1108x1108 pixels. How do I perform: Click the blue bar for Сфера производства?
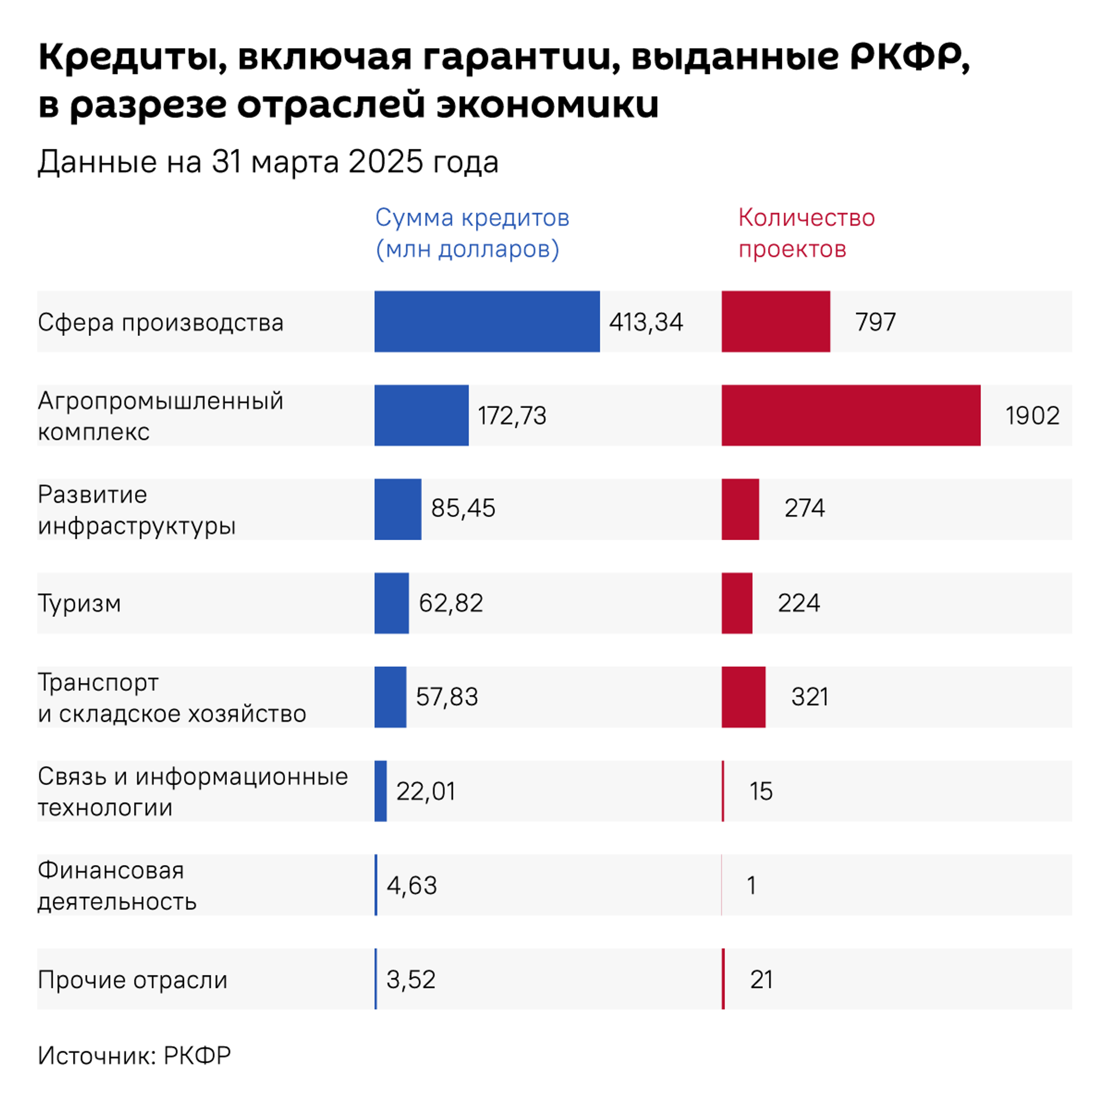(486, 321)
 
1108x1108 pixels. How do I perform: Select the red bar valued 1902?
(851, 415)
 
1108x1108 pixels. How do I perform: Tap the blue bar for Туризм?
(391, 603)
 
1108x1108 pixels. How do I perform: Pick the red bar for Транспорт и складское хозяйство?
(743, 697)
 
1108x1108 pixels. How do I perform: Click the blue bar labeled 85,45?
(398, 509)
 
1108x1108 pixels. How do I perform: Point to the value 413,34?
(646, 322)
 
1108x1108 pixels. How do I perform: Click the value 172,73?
(512, 415)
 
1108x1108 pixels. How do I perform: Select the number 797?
(875, 322)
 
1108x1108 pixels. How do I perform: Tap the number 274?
(804, 508)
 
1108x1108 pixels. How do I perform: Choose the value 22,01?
(425, 791)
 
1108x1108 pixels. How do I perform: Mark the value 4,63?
(411, 885)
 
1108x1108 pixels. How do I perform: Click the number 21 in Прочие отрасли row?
(761, 979)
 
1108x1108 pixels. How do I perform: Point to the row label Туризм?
(80, 604)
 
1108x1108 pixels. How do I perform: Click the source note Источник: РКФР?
(134, 1055)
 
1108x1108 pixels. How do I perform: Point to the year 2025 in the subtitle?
(386, 162)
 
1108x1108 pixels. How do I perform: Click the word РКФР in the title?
(908, 57)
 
